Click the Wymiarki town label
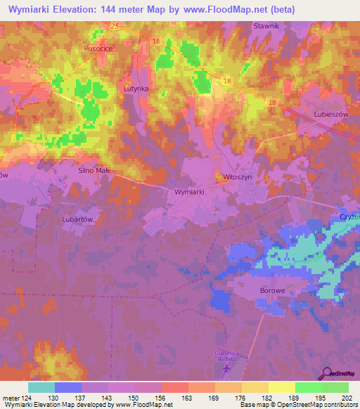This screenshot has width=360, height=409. click(x=191, y=191)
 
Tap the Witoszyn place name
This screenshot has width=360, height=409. click(x=237, y=178)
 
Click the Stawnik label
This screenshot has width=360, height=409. click(x=266, y=26)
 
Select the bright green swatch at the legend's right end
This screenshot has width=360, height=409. click(x=335, y=387)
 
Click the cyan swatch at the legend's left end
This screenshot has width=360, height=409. click(x=41, y=387)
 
